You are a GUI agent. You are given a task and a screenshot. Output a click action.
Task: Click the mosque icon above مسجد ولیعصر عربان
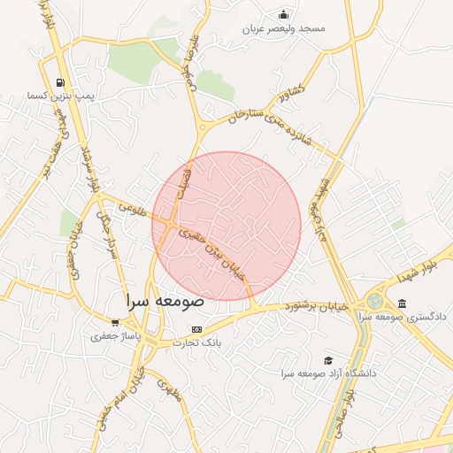click(282, 14)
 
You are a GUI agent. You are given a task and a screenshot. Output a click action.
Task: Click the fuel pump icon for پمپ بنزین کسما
click(59, 81)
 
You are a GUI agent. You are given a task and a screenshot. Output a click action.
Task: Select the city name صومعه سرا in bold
click(165, 300)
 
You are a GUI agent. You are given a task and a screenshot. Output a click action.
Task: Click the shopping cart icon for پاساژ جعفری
click(114, 323)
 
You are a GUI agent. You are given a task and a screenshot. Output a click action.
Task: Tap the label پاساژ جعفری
click(115, 336)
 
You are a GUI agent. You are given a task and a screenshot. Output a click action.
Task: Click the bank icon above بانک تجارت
click(196, 328)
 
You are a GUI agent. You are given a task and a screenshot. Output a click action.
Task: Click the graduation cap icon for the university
click(328, 360)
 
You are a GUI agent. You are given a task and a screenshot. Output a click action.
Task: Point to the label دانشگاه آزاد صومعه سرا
click(330, 373)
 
